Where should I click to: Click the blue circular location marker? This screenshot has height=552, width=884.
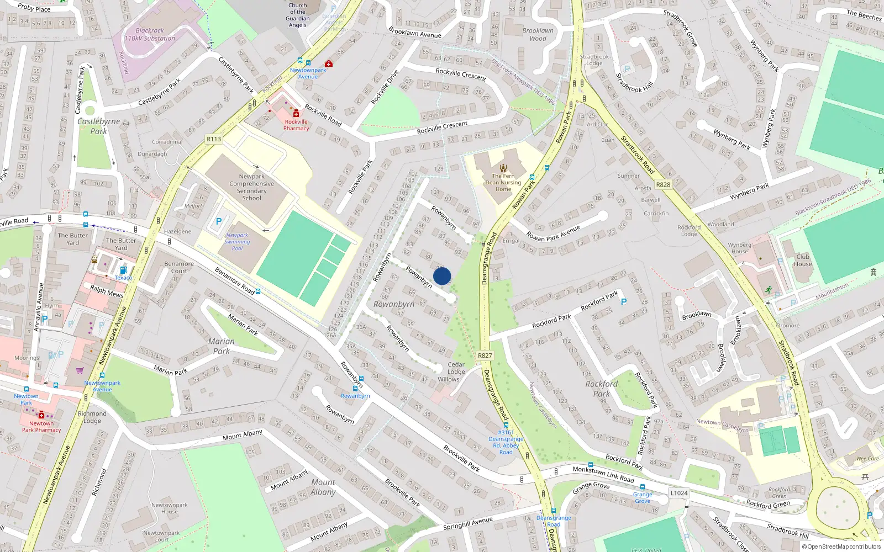pyautogui.click(x=442, y=276)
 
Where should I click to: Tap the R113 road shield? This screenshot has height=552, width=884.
pyautogui.click(x=214, y=139)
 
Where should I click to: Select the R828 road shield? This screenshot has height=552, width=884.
pyautogui.click(x=663, y=185)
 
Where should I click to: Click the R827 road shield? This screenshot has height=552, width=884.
pyautogui.click(x=485, y=355)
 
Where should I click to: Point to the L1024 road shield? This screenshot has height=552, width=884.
pyautogui.click(x=679, y=493)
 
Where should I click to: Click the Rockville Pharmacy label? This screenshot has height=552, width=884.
pyautogui.click(x=296, y=125)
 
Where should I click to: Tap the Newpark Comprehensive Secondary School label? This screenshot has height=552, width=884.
pyautogui.click(x=251, y=187)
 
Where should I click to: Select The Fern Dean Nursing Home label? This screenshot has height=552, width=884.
pyautogui.click(x=503, y=183)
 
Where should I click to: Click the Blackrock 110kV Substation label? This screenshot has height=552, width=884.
pyautogui.click(x=150, y=35)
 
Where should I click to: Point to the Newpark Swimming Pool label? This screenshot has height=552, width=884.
pyautogui.click(x=237, y=242)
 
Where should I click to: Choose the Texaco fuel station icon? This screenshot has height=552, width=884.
pyautogui.click(x=123, y=270)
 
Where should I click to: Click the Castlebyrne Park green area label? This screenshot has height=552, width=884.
pyautogui.click(x=98, y=126)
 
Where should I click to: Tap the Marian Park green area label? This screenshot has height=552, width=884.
pyautogui.click(x=222, y=346)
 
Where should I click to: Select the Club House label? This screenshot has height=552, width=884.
pyautogui.click(x=803, y=260)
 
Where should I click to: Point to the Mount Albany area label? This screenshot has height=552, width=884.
pyautogui.click(x=323, y=487)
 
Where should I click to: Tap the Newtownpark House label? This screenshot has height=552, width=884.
pyautogui.click(x=170, y=508)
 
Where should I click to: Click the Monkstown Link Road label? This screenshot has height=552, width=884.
pyautogui.click(x=603, y=474)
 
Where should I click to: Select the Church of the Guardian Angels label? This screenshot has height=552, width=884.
pyautogui.click(x=297, y=15)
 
